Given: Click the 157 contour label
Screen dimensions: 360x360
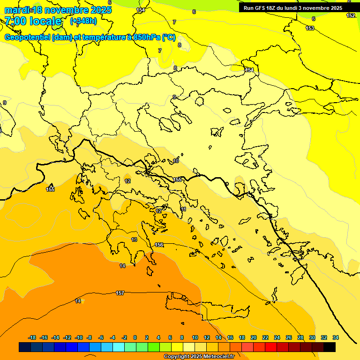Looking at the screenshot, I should click(120, 293).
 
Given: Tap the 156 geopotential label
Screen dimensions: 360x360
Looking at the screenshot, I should click(159, 245).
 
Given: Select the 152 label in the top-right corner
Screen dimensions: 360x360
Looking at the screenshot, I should click(351, 15).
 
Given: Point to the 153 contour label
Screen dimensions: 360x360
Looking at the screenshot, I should click(310, 28).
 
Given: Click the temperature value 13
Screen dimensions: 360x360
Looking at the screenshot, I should click(134, 240).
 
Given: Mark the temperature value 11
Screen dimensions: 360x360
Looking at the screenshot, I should click(183, 209).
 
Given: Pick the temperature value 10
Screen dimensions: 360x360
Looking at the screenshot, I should click(176, 161).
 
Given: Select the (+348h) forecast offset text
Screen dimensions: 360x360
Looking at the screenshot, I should click(84, 21).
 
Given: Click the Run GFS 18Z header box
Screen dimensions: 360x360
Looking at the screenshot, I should click(293, 8).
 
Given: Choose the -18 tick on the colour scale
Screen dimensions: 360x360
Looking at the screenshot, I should click(32, 337).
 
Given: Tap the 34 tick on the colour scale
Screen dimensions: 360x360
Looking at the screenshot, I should click(335, 337).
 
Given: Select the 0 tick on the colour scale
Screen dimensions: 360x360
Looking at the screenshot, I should click(135, 337).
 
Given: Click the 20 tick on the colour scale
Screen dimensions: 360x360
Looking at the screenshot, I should click(254, 337).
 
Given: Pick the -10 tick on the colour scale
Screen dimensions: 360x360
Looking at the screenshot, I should click(79, 337).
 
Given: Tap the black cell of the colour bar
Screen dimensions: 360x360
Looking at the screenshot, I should click(330, 347).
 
